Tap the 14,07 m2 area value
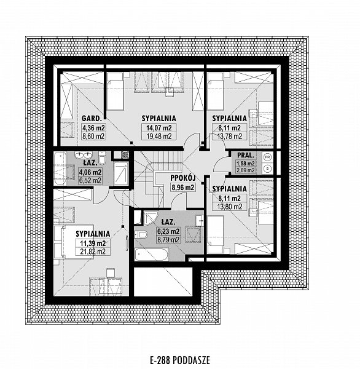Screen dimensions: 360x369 [x=159, y=128]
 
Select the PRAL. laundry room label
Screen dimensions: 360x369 [x=246, y=156]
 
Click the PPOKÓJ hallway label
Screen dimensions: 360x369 [x=183, y=178]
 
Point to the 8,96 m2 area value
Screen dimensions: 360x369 [x=183, y=188]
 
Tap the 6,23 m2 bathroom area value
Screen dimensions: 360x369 [x=168, y=231]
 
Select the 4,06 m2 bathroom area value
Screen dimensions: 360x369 [x=90, y=172]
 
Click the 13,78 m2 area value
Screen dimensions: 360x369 [x=230, y=137]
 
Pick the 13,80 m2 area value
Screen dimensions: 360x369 [x=230, y=207]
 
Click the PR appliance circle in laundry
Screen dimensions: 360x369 [x=267, y=156]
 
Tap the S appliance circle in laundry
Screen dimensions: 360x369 [x=267, y=169]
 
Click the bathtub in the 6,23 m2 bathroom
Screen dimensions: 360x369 [x=151, y=255]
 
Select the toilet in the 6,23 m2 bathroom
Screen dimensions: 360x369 [x=141, y=235]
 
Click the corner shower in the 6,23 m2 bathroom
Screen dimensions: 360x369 [x=149, y=218]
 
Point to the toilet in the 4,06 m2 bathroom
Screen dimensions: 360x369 [x=102, y=157]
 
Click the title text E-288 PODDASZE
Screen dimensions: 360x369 [x=180, y=360]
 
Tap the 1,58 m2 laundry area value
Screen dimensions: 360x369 [x=246, y=164]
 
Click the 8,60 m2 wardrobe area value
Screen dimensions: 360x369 [x=93, y=137]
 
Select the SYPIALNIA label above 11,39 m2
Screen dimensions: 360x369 [x=93, y=234]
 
